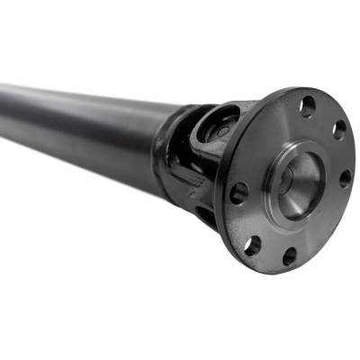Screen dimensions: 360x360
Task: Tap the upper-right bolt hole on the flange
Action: pyautogui.click(x=339, y=131)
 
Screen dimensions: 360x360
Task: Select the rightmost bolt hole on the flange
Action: pyautogui.click(x=345, y=178)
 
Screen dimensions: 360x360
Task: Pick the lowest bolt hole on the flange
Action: pyautogui.click(x=289, y=256)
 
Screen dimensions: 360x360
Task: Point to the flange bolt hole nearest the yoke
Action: pyautogui.click(x=238, y=192)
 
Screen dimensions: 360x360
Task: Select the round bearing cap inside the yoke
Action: pyautogui.click(x=216, y=130)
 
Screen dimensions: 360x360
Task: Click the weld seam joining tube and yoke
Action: pyautogui.click(x=163, y=144)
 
